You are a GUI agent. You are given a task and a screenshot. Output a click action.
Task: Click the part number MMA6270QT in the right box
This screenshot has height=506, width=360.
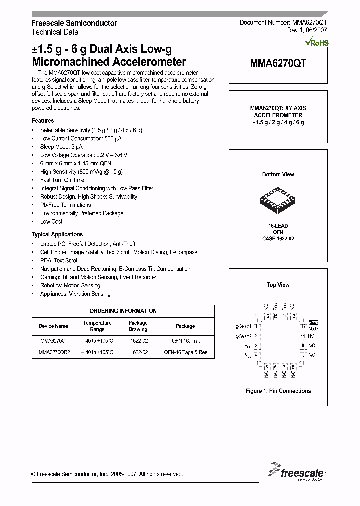(278, 63)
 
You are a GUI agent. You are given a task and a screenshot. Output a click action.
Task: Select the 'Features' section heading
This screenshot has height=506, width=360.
(43, 121)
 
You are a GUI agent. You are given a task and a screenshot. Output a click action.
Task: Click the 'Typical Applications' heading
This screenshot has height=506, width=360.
(57, 234)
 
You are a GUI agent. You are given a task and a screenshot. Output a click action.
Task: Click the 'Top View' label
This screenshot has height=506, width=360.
(278, 285)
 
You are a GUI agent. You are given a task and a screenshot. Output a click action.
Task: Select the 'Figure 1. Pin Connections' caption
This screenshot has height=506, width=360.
(278, 391)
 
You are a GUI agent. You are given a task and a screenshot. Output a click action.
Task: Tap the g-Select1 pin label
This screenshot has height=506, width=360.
(243, 326)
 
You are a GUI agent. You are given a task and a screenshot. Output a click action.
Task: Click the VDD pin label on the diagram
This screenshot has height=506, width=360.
(248, 346)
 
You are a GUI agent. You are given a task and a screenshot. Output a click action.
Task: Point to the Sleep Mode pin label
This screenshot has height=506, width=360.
(313, 326)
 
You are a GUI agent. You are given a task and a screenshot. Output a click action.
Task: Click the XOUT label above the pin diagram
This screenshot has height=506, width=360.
(275, 305)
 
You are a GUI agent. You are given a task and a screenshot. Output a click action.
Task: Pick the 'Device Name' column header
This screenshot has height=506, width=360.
(53, 326)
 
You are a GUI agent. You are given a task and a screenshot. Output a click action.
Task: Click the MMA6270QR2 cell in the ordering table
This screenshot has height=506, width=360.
(54, 352)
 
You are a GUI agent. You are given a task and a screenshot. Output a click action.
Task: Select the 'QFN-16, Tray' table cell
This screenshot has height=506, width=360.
(185, 341)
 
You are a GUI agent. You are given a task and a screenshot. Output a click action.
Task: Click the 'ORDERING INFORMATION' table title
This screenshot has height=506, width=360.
(123, 311)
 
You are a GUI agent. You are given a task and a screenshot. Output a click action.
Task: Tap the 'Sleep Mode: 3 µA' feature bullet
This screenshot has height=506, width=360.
(61, 146)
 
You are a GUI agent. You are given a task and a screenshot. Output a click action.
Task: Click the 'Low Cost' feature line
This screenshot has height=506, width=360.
(51, 221)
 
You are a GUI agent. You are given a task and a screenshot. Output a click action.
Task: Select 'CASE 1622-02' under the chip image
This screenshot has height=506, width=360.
(278, 239)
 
